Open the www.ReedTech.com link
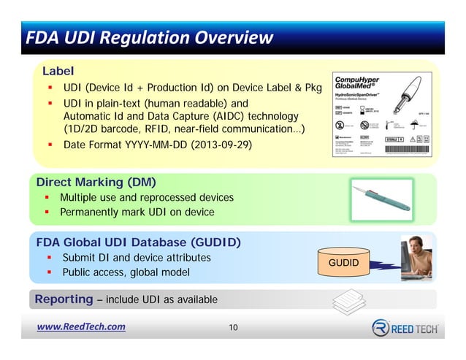[x=81, y=326]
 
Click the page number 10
[x=233, y=327]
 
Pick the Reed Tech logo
[x=405, y=328]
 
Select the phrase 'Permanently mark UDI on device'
[x=137, y=212]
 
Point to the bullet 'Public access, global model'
[x=126, y=272]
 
